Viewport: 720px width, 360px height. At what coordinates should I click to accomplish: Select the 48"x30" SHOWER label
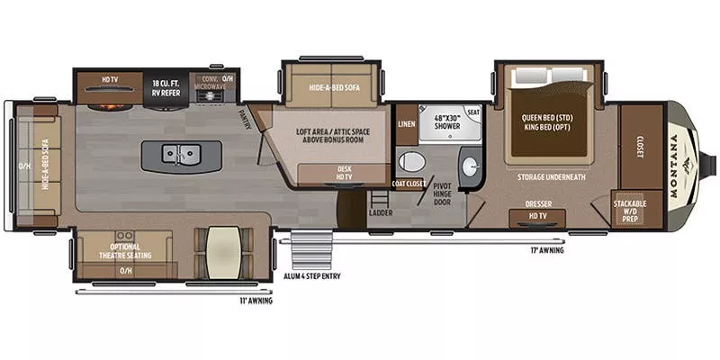click(446, 121)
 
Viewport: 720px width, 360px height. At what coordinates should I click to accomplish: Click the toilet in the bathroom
click(411, 163)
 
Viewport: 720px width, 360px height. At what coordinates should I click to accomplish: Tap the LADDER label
click(380, 212)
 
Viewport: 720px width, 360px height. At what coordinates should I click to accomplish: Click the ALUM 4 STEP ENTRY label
click(313, 275)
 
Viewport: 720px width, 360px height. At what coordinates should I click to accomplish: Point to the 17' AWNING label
click(546, 251)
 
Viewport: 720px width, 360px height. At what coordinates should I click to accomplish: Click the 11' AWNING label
click(256, 301)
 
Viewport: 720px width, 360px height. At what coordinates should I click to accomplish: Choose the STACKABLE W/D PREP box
click(630, 209)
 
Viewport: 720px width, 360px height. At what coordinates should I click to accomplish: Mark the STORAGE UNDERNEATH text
click(551, 176)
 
